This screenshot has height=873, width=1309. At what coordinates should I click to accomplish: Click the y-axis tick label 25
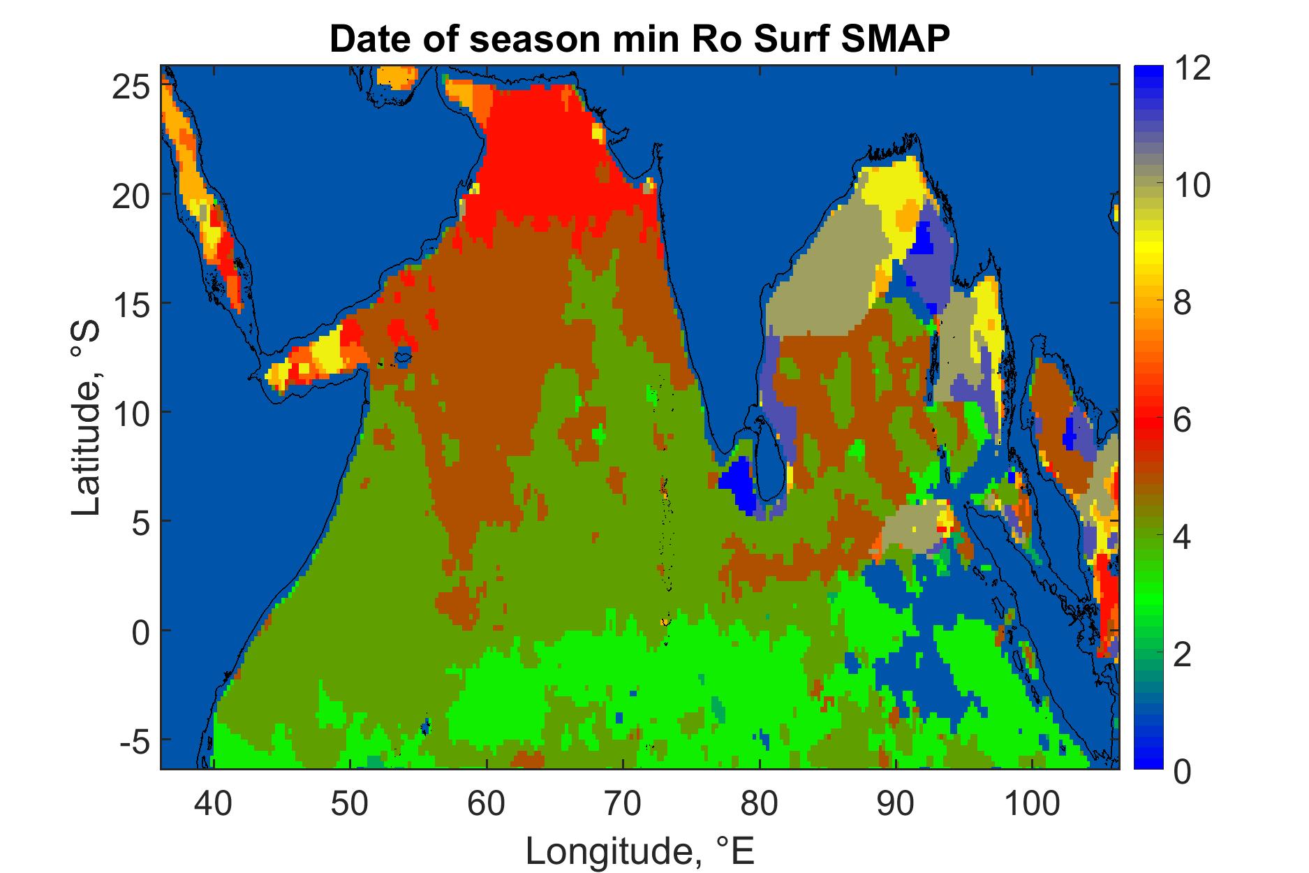129,87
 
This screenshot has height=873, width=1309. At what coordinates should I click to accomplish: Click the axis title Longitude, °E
639,850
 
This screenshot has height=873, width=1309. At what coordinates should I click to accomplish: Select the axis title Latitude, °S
87,418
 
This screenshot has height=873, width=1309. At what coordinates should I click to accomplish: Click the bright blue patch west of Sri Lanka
738,484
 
